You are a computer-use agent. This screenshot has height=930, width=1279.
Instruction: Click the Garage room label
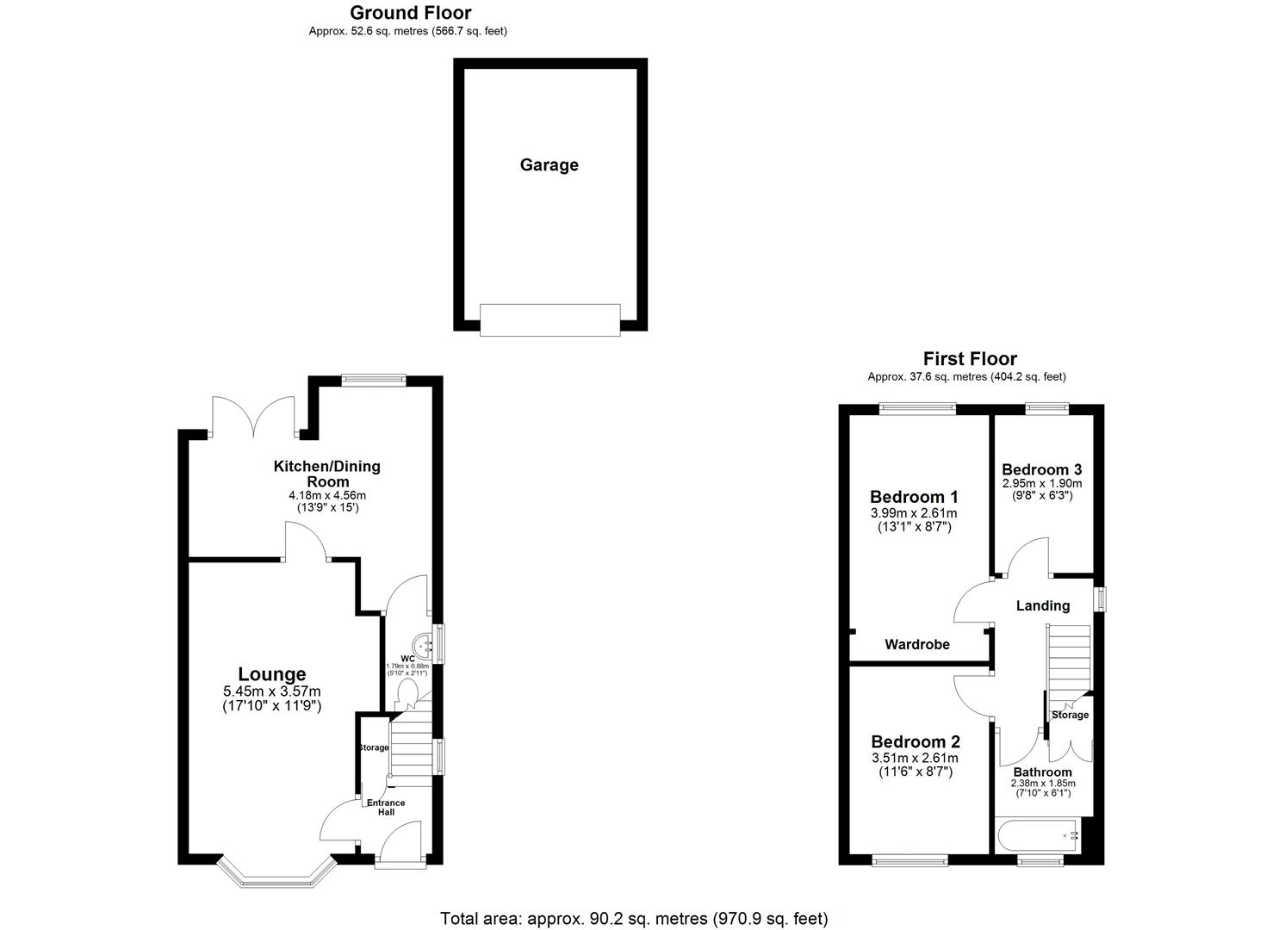tap(549, 165)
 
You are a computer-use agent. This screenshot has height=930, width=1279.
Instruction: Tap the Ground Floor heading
tap(410, 13)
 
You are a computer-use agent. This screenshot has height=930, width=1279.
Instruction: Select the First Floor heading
tap(970, 358)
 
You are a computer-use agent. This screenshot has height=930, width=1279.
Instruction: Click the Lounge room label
tap(272, 674)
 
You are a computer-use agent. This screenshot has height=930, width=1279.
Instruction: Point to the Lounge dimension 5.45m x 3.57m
tap(272, 691)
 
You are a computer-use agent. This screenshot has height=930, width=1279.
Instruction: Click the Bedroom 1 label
tap(914, 497)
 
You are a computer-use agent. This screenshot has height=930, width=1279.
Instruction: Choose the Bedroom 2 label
tap(915, 742)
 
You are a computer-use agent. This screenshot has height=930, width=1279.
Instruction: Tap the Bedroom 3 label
tap(1041, 469)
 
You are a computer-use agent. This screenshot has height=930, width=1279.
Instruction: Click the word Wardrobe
tap(917, 644)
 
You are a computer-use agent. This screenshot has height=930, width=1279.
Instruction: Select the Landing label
tap(1043, 605)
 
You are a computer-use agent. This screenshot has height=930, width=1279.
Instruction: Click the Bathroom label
tap(1042, 772)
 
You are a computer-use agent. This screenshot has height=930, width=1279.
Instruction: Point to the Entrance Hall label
tap(386, 807)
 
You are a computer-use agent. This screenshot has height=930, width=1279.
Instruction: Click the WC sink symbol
tap(423, 642)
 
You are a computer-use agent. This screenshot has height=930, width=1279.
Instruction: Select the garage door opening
tap(549, 319)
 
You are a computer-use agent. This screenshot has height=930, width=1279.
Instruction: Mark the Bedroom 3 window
tap(1046, 408)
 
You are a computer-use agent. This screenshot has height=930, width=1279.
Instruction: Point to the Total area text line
tap(634, 919)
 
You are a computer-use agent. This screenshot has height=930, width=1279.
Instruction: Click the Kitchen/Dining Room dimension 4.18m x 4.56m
tap(327, 495)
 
